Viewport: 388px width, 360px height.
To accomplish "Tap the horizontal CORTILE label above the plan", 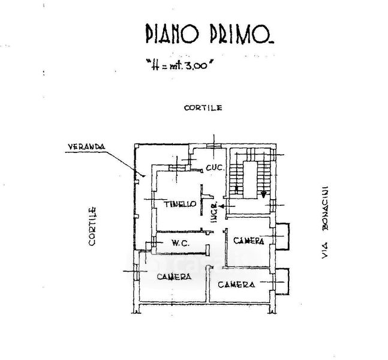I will click(x=203, y=108).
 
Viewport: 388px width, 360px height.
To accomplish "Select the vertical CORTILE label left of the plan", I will click(x=93, y=227).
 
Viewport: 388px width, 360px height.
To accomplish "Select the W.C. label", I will click(x=181, y=243).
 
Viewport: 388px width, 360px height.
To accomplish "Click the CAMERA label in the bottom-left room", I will click(x=174, y=277).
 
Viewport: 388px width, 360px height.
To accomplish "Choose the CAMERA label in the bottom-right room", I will click(x=236, y=284).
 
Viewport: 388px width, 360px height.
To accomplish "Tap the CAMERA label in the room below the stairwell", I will click(x=249, y=241).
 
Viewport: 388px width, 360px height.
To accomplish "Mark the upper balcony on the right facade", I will click(x=282, y=236).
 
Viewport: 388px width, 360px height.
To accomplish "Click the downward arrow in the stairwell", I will click(x=264, y=193).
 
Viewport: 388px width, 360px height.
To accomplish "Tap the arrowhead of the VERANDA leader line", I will click(x=145, y=175).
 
